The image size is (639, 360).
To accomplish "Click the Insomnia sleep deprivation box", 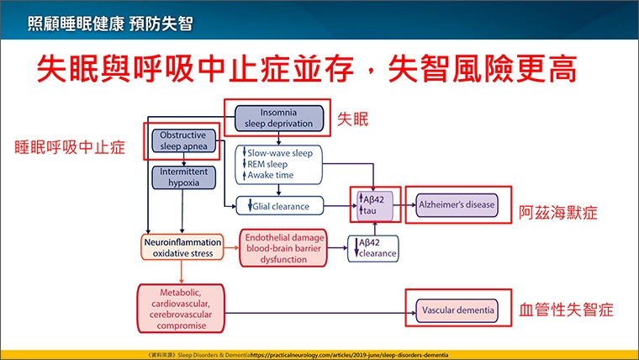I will click(278, 119).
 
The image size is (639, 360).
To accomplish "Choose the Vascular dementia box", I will click(457, 310).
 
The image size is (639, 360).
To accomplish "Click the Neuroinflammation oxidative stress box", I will click(183, 246).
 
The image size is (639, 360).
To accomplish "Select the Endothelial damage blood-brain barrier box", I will click(287, 246).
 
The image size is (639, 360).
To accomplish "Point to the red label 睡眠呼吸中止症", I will click(70, 147).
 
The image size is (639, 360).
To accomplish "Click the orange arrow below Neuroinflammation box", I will click(183, 271).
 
